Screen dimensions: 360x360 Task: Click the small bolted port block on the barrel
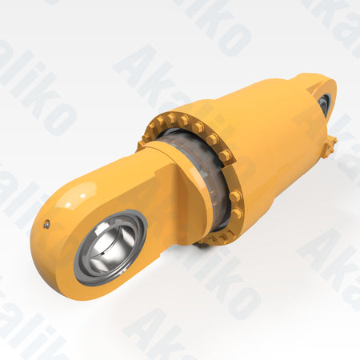(x=330, y=145)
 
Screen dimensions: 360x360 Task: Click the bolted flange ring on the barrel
(x=232, y=192)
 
